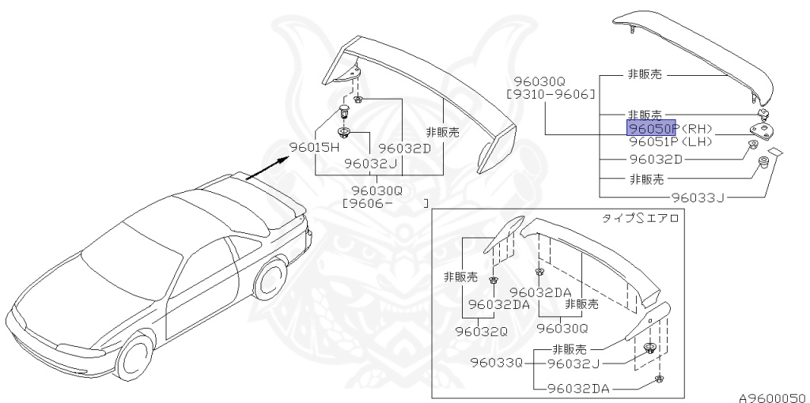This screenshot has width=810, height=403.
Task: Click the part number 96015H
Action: pos(313,148)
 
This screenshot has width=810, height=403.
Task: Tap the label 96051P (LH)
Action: pos(671,141)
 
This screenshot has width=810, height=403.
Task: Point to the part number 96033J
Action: pos(698,198)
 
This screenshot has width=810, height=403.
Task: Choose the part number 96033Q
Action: pos(497,363)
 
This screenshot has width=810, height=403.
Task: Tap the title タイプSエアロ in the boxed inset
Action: pos(641,219)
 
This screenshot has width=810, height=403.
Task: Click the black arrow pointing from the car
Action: pos(266,168)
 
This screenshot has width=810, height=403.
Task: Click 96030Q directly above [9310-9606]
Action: pos(539,81)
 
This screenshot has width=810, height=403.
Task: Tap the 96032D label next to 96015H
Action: pos(404,148)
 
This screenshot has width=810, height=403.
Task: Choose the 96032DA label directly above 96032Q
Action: pos(499,304)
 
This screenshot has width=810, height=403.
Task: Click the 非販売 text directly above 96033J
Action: pos(645,179)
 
